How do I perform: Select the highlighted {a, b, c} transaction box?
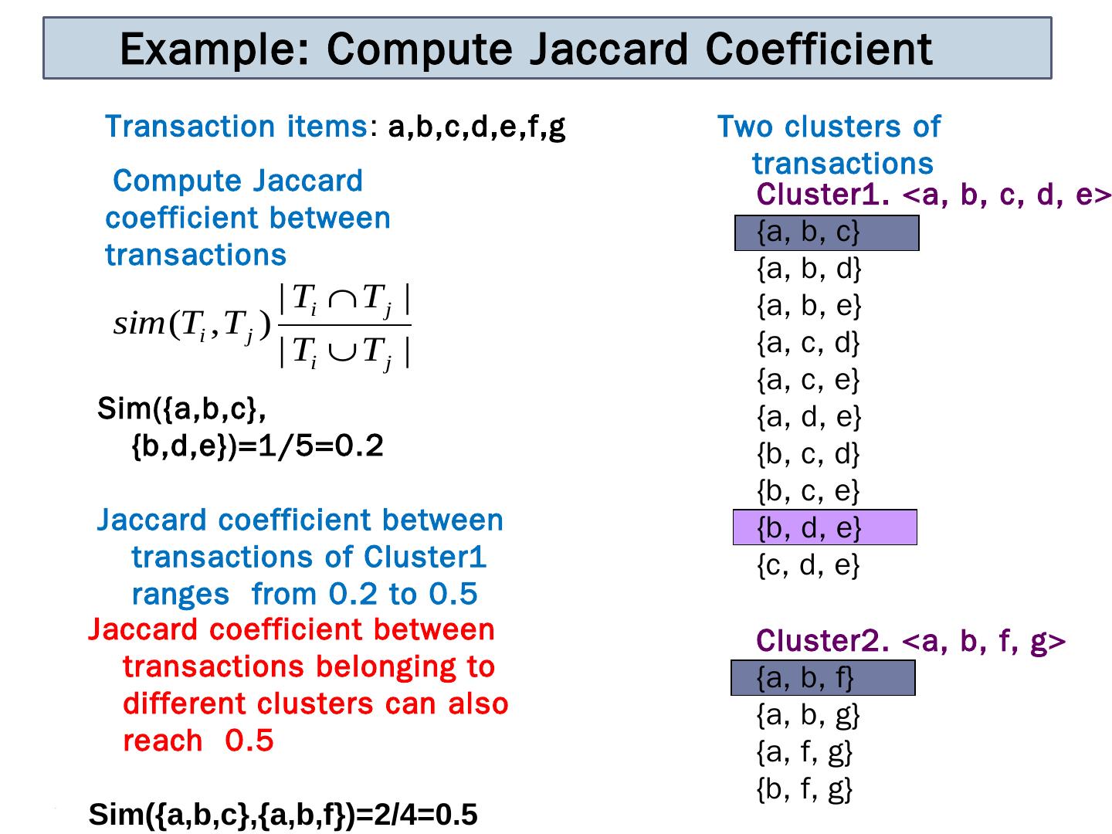pyautogui.click(x=826, y=232)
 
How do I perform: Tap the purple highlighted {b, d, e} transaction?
pyautogui.click(x=825, y=527)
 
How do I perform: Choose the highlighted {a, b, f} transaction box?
pyautogui.click(x=822, y=678)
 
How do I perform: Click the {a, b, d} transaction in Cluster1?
pyautogui.click(x=809, y=269)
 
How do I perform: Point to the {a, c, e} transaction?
pyautogui.click(x=808, y=380)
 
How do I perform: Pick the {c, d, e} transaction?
pyautogui.click(x=808, y=565)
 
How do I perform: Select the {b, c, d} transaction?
pyautogui.click(x=808, y=453)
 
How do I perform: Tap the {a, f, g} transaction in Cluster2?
pyautogui.click(x=804, y=751)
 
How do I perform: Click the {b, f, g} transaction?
pyautogui.click(x=804, y=788)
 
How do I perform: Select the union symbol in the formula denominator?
pyautogui.click(x=341, y=352)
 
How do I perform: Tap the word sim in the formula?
pyautogui.click(x=139, y=324)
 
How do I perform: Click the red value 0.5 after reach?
pyautogui.click(x=249, y=741)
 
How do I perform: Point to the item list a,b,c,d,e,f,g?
pyautogui.click(x=476, y=127)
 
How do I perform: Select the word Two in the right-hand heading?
pyautogui.click(x=746, y=127)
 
